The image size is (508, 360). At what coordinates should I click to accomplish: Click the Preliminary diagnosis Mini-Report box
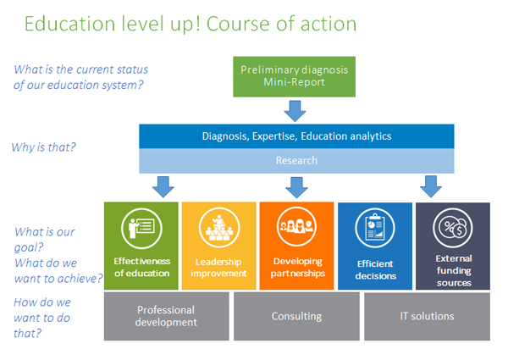tap(294, 76)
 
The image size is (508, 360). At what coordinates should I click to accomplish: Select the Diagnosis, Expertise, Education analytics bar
tap(296, 136)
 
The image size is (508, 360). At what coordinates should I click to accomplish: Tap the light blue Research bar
tap(296, 161)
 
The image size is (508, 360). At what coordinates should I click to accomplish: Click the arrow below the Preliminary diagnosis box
tap(295, 111)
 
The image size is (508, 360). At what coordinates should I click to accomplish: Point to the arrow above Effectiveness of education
tap(163, 187)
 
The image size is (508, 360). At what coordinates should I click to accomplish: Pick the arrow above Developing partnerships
tap(296, 187)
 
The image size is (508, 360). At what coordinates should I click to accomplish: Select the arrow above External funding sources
tap(431, 186)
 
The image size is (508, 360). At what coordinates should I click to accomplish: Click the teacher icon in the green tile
tap(141, 229)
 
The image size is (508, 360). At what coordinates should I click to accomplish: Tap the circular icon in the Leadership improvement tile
tap(219, 228)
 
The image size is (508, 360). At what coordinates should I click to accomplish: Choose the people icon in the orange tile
tap(297, 227)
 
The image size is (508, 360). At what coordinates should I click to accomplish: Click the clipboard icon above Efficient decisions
tap(375, 228)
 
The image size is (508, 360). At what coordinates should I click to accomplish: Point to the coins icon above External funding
tap(453, 228)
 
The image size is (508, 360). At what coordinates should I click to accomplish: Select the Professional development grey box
tap(167, 316)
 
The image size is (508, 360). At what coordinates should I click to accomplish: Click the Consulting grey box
tap(296, 316)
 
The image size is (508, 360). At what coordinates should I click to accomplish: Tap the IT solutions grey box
tap(427, 316)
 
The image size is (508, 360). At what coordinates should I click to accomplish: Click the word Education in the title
tap(69, 24)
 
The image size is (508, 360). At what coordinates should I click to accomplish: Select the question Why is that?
tap(43, 147)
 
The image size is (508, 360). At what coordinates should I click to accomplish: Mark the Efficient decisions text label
tap(375, 270)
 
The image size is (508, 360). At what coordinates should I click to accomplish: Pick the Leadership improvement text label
tap(218, 268)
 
